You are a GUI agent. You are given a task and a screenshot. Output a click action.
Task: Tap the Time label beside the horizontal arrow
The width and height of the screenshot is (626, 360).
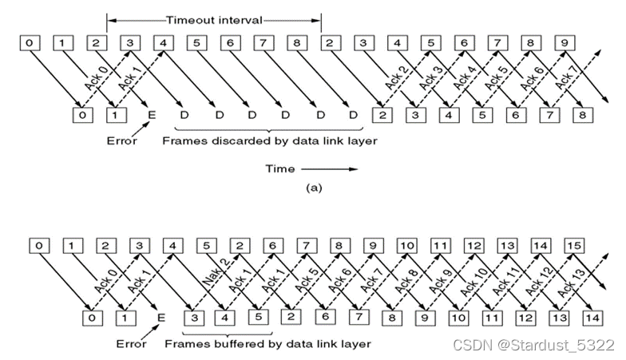(x=279, y=168)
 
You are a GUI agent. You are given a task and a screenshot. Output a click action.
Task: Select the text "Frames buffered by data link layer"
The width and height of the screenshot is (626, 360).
(x=268, y=344)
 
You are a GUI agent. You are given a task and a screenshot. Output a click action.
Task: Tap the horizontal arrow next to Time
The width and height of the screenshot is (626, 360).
(x=330, y=168)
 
